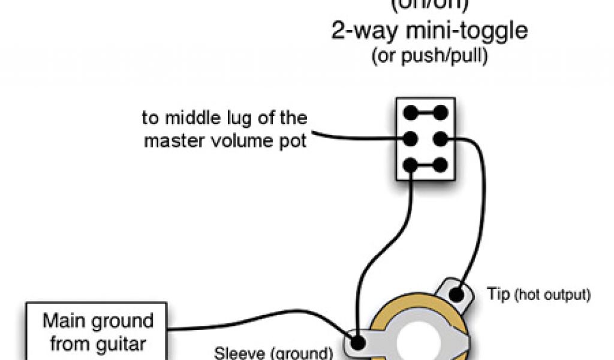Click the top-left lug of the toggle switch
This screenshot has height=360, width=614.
[411, 112]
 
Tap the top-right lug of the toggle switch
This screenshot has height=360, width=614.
[441, 112]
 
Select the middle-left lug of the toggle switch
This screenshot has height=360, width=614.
[411, 139]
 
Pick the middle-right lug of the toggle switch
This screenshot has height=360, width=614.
[441, 139]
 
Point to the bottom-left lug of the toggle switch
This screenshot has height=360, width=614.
[411, 165]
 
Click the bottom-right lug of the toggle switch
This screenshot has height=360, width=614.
[441, 165]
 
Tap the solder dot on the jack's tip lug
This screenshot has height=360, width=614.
[456, 295]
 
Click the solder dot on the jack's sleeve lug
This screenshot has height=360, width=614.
[358, 343]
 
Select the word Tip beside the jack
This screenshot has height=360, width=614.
[497, 295]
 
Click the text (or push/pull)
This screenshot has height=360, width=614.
[430, 58]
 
